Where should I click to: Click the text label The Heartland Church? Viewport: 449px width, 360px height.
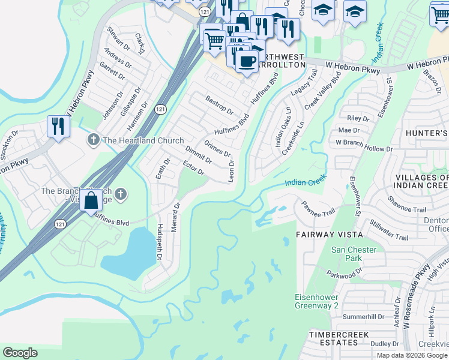(143, 140)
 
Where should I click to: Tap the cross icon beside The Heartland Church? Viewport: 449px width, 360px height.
(93, 140)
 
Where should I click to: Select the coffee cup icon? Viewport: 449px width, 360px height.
(246, 60)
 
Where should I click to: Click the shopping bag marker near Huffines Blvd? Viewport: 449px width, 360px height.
(91, 200)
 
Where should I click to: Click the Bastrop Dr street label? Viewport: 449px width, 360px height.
(219, 104)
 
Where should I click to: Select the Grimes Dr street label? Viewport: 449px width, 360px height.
(217, 148)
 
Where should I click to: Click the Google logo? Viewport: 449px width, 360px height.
(20, 353)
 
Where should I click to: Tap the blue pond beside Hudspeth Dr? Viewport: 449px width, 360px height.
(128, 253)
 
